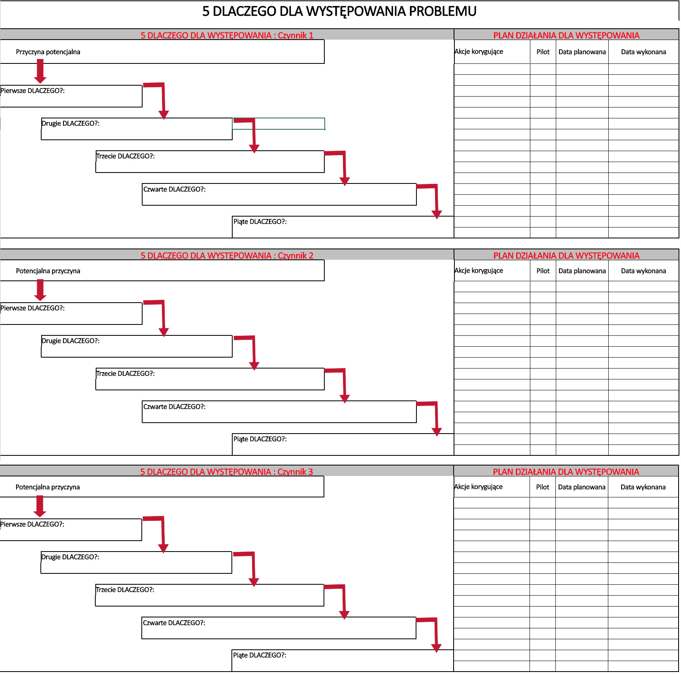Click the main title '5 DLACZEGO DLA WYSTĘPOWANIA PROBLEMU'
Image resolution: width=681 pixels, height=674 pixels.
(x=339, y=11)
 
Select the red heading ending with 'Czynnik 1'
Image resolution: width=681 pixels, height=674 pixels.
(x=227, y=35)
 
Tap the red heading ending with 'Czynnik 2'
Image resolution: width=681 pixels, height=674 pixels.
(x=227, y=255)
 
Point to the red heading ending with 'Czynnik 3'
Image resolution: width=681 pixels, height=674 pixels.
(x=227, y=472)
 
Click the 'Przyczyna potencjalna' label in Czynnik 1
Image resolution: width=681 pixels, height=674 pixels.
(x=48, y=52)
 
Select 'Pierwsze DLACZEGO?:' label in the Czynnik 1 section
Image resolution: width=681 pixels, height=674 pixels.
(x=32, y=91)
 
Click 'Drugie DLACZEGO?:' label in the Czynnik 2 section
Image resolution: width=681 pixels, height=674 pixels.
(x=71, y=341)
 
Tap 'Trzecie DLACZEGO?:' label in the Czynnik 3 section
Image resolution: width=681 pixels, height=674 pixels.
(x=125, y=590)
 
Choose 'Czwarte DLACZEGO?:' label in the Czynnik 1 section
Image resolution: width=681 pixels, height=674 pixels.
(x=174, y=189)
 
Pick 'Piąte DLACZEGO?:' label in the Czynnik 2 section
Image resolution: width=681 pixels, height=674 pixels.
(x=260, y=439)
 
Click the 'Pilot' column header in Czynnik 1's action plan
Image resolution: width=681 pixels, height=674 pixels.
(x=543, y=52)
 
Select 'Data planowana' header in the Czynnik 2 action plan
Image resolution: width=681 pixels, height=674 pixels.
(x=582, y=271)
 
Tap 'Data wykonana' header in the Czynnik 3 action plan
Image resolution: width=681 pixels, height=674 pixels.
(x=643, y=487)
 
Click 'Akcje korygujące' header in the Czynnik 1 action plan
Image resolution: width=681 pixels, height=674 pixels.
(x=479, y=52)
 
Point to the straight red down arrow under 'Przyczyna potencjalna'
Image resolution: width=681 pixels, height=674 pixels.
(x=40, y=71)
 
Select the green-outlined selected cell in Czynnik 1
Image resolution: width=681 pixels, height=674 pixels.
(x=278, y=124)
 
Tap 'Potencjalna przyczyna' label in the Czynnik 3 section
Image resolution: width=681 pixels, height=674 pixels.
(x=48, y=487)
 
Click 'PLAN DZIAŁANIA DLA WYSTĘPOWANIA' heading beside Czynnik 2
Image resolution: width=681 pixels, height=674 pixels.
(x=566, y=255)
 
